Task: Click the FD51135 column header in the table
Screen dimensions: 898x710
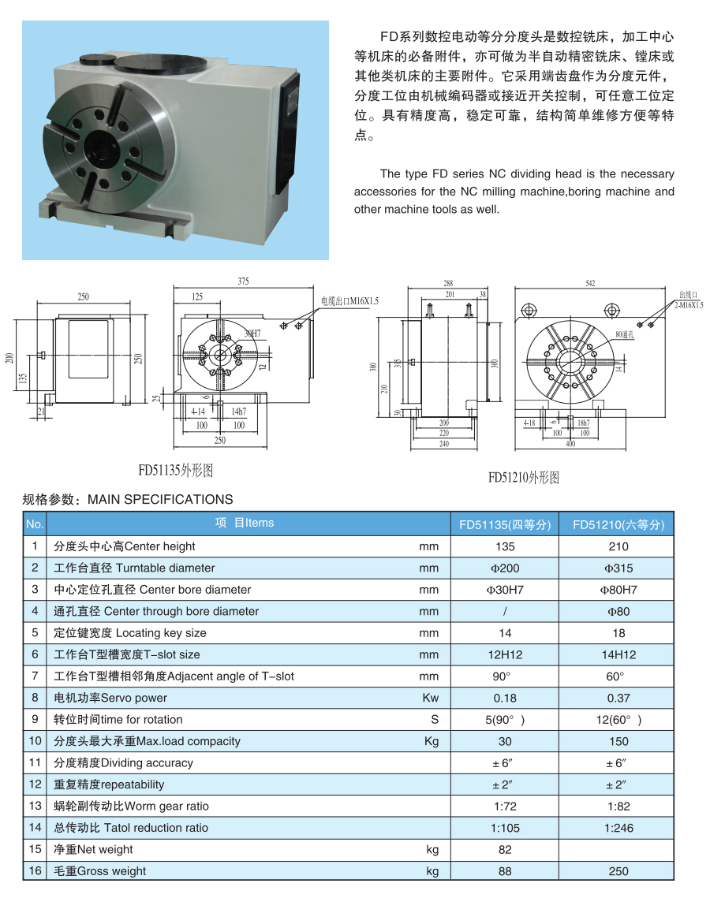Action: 505,524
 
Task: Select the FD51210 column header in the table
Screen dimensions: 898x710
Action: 618,524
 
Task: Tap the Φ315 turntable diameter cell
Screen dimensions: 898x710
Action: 618,568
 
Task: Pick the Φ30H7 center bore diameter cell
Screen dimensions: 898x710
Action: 505,590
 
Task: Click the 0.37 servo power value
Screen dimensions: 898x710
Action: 618,698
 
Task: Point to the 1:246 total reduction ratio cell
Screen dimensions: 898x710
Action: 618,828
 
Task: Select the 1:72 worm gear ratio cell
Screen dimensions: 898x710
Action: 505,806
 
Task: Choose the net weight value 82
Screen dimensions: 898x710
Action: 505,849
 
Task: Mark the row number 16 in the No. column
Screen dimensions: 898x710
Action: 35,871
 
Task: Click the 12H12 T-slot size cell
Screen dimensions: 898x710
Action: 505,654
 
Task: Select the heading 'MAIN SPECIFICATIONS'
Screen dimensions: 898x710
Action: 160,499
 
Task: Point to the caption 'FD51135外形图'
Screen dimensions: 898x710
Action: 176,471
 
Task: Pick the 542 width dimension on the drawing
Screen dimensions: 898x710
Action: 590,283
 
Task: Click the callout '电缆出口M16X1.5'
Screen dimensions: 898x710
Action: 349,301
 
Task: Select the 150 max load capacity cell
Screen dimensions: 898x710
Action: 618,741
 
